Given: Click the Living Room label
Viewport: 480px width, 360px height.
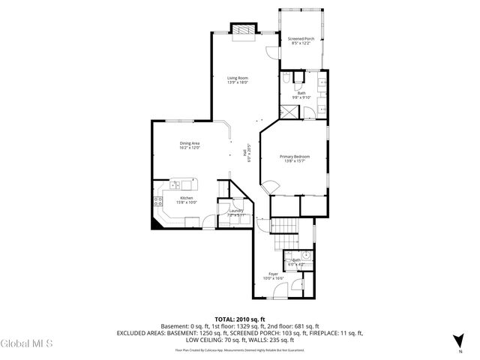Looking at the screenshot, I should tap(238, 79).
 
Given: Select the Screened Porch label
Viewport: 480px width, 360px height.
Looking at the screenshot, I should tap(299, 40).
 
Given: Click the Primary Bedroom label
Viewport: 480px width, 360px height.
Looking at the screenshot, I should tap(295, 158).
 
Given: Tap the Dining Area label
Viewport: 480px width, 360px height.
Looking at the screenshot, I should tap(189, 145).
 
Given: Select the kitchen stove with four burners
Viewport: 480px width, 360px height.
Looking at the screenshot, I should tap(158, 200).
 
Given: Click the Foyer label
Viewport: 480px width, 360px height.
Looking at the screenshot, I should tap(273, 274).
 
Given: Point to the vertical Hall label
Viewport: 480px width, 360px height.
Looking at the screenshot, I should tap(244, 154).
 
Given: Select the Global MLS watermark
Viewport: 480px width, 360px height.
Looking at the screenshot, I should tap(27, 344).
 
